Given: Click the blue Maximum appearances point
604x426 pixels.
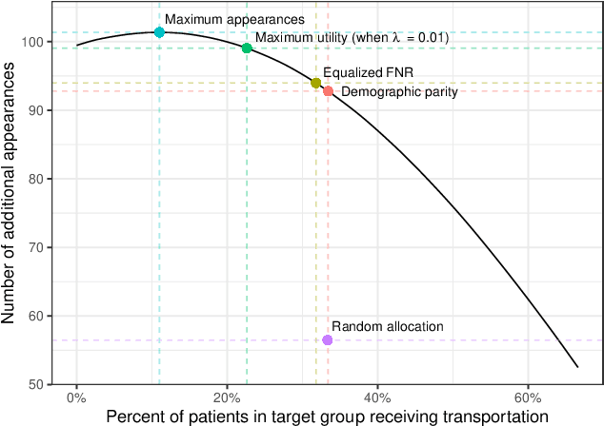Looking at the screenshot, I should click(x=159, y=32).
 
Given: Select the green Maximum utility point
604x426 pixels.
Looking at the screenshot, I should click(x=247, y=48).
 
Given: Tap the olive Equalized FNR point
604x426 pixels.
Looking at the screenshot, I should click(x=316, y=83).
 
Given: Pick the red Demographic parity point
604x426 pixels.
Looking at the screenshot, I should click(x=328, y=91).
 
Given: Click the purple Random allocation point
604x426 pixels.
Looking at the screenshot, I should click(x=327, y=340).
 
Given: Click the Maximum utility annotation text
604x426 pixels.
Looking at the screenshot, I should click(x=352, y=37).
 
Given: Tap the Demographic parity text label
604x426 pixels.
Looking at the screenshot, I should click(x=399, y=92).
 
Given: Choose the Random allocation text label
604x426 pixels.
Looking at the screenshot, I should click(x=388, y=326).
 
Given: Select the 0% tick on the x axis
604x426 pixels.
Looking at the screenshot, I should click(x=76, y=397).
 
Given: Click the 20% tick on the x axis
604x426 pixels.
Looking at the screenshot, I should click(x=226, y=397).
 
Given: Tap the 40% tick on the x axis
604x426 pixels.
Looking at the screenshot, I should click(x=376, y=397).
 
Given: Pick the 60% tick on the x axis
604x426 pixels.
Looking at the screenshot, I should click(x=527, y=397).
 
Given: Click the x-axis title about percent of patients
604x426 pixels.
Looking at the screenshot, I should click(x=327, y=416).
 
